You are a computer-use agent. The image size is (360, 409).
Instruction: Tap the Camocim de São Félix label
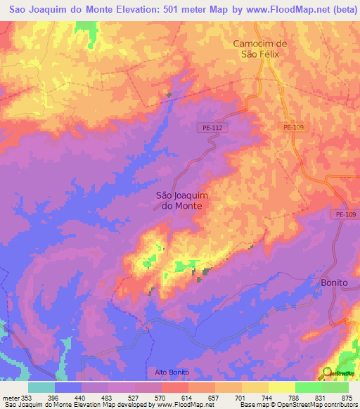pyautogui.click(x=260, y=49)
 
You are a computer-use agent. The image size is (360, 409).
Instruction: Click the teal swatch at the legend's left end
pyautogui.click(x=41, y=387)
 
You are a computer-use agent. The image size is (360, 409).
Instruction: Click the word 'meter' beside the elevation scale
pyautogui.click(x=10, y=397)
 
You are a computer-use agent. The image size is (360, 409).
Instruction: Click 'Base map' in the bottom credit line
pyautogui.click(x=251, y=405)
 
